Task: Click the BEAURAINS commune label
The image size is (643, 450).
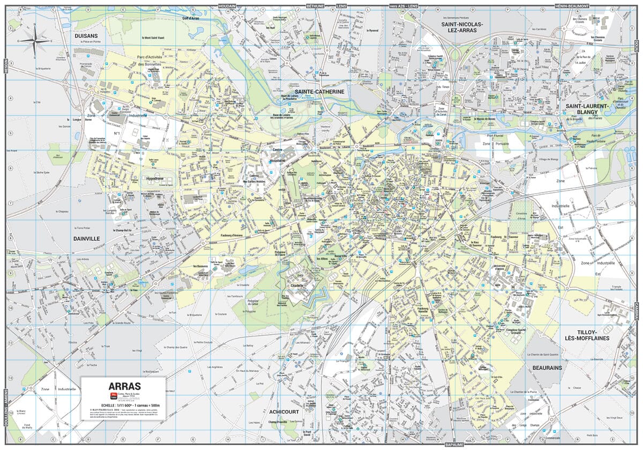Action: [x=547, y=368]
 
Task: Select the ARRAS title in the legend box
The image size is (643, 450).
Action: [x=124, y=386]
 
